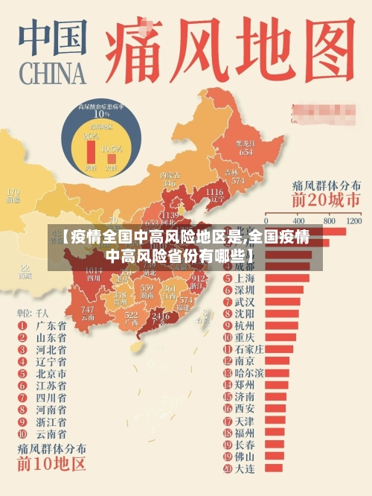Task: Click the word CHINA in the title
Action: pos(51,74)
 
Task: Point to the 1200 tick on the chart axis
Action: pos(353,221)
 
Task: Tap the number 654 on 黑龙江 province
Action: pos(246,152)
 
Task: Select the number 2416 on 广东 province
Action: pos(160,316)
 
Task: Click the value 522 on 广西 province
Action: pos(132,316)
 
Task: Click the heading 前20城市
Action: pos(326,199)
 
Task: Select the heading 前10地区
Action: pos(51,465)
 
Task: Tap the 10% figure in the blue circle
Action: pos(100,115)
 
